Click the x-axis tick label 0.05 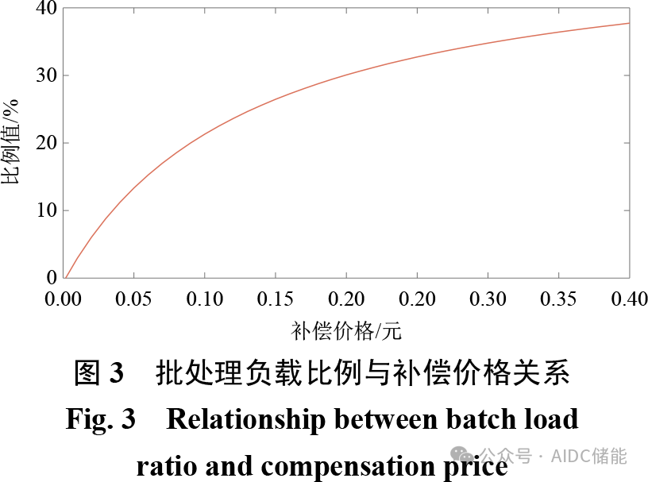134,299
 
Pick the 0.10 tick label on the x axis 205,299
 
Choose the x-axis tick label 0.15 276,299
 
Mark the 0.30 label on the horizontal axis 488,299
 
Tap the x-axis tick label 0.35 558,299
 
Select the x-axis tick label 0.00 64,299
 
